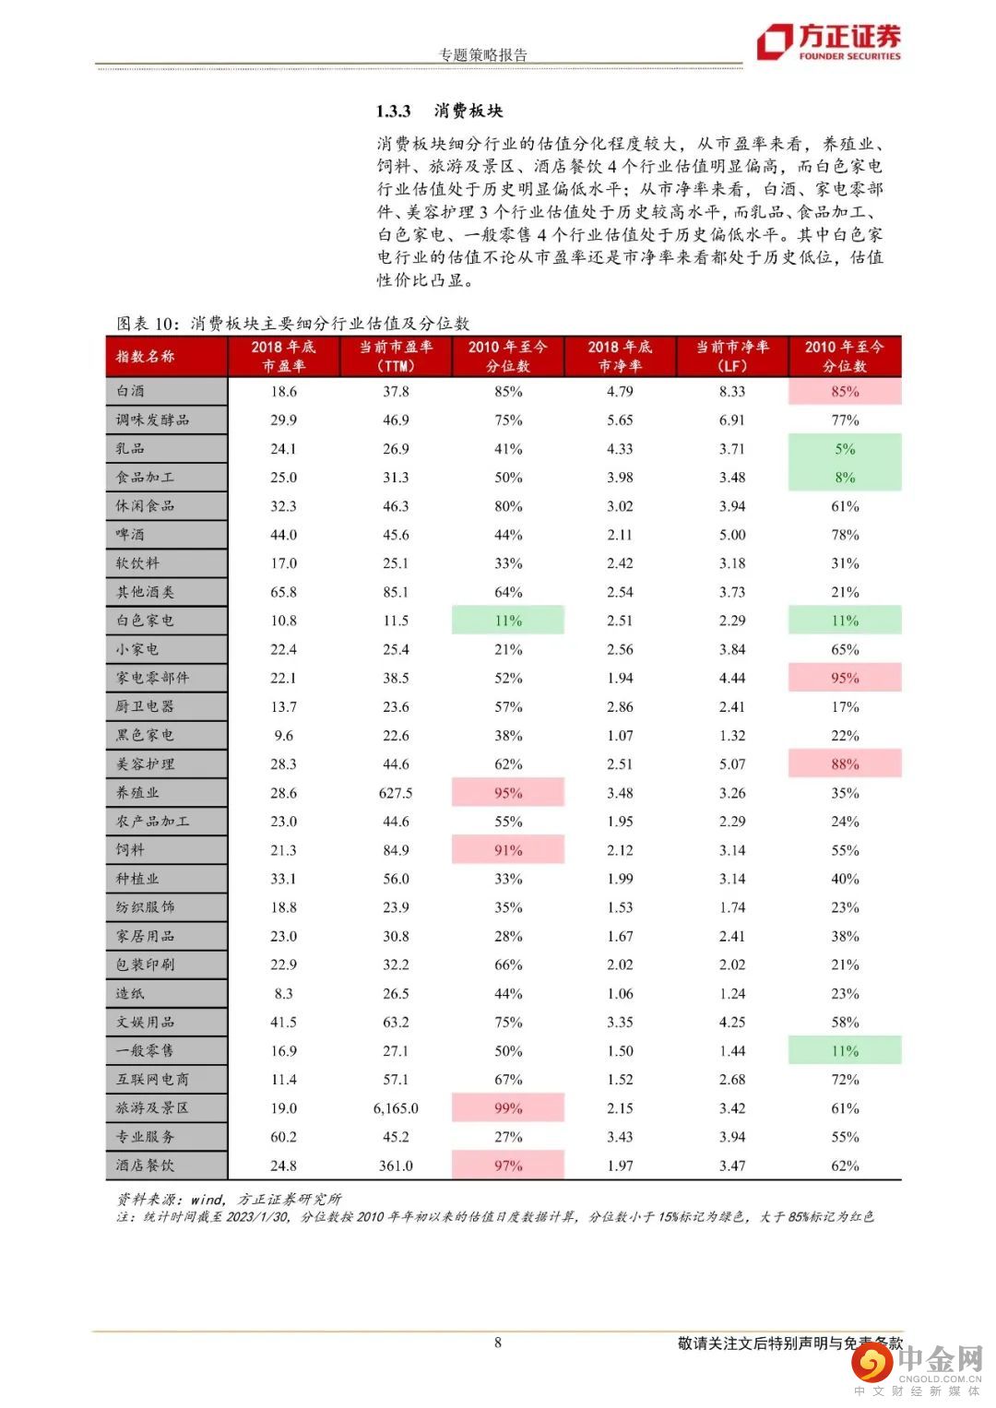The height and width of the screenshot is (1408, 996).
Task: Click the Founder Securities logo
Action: coord(828,42)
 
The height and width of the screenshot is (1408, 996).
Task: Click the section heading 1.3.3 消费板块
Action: coord(439,111)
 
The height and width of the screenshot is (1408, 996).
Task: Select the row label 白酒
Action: coord(131,391)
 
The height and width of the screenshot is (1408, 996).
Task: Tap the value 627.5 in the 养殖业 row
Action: coord(396,793)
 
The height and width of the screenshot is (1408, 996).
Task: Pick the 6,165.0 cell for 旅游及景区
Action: coord(396,1108)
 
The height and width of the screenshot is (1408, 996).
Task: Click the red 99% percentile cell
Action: coord(508,1108)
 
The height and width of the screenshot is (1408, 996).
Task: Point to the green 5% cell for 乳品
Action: coord(845,449)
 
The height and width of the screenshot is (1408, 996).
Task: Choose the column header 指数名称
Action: coord(146,356)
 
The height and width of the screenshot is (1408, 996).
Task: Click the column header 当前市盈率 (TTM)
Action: coord(396,356)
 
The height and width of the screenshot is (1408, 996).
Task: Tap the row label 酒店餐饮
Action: coord(145,1165)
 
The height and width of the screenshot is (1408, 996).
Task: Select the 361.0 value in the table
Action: coord(396,1165)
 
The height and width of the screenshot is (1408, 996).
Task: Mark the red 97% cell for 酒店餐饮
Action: coord(508,1165)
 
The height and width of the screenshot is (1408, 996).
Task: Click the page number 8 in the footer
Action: coord(498,1343)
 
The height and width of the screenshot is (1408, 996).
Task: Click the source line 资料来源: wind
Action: coord(229,1199)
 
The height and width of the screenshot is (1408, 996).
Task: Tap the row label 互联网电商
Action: coord(152,1079)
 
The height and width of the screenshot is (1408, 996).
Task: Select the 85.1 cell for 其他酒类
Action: coord(396,592)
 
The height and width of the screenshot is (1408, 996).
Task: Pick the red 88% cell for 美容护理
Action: coord(845,764)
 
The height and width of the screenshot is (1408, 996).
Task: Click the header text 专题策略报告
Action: coord(483,55)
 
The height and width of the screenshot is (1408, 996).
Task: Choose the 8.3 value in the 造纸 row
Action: coord(283,993)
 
